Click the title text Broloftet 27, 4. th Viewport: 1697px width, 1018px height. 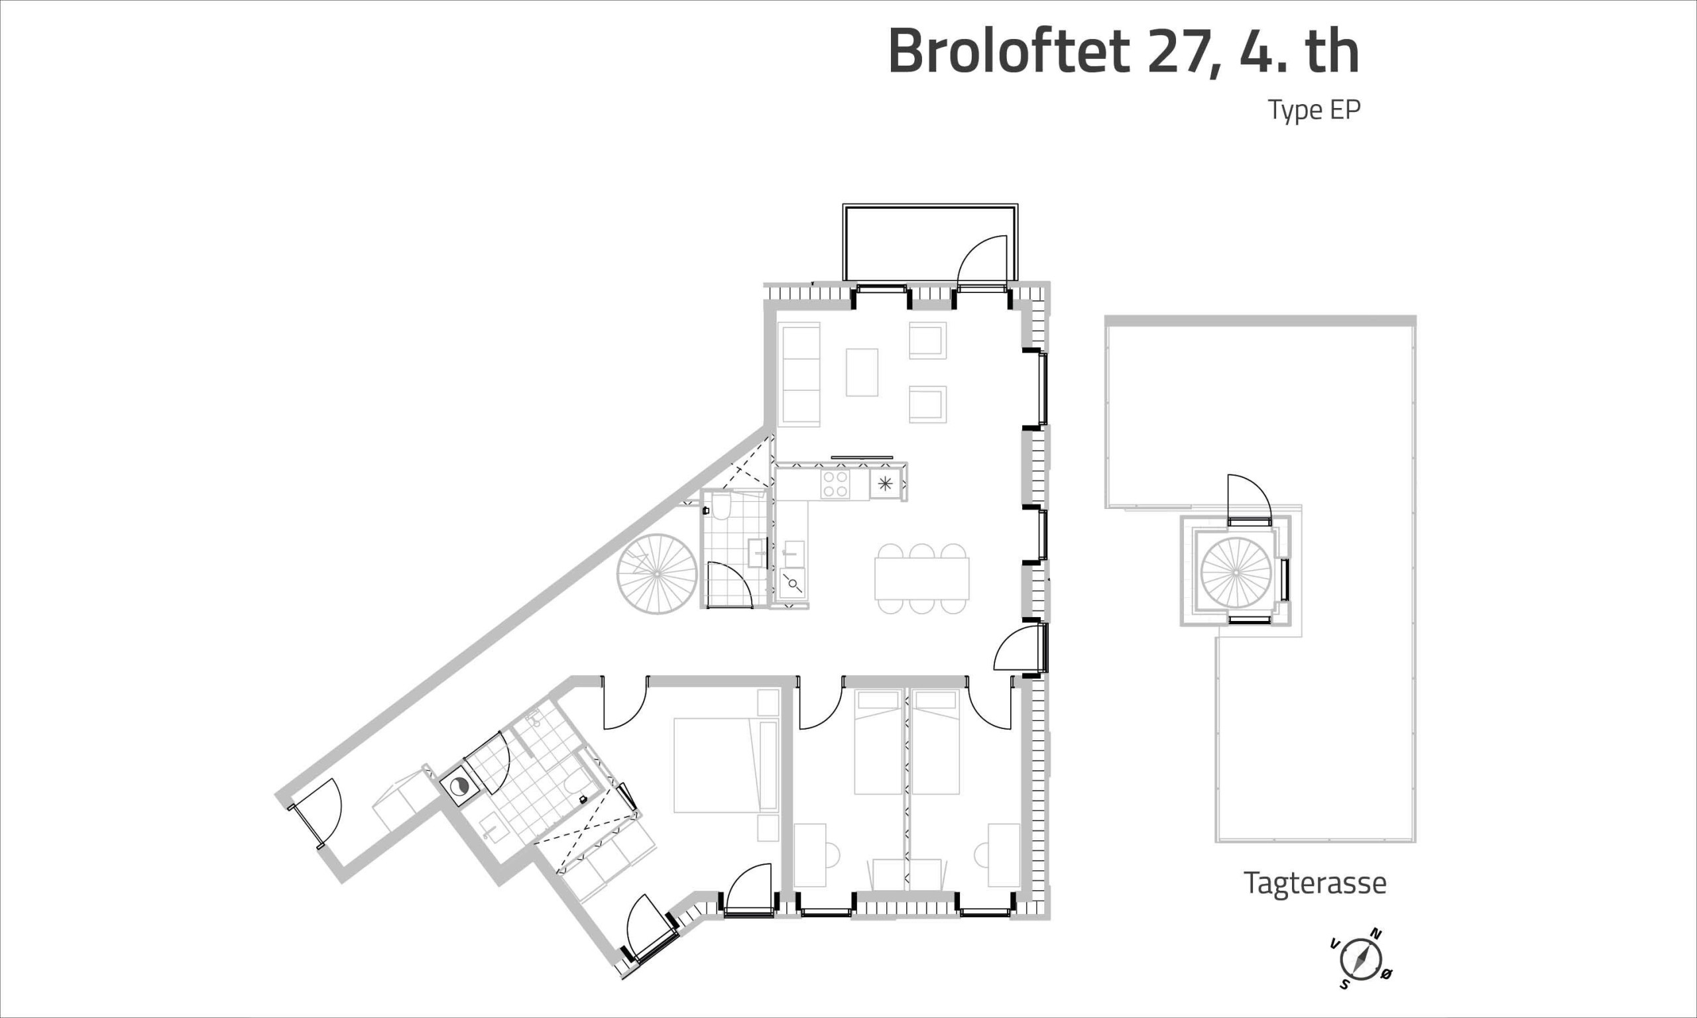pyautogui.click(x=1124, y=52)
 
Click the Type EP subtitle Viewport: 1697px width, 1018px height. pyautogui.click(x=1314, y=110)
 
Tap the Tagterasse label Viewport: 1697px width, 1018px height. pyautogui.click(x=1315, y=883)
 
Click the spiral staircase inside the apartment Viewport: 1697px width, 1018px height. pyautogui.click(x=657, y=573)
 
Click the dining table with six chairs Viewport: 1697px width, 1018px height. pyautogui.click(x=922, y=579)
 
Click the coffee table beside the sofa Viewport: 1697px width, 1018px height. pyautogui.click(x=862, y=372)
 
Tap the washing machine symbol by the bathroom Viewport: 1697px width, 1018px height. pyautogui.click(x=458, y=786)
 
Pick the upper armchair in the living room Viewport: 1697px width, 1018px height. pyautogui.click(x=928, y=340)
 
